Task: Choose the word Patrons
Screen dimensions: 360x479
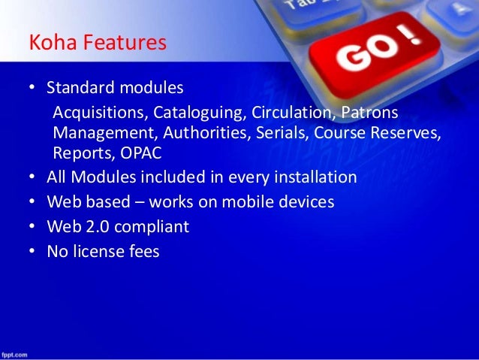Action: tap(369, 113)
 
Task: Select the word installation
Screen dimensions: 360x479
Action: tap(315, 178)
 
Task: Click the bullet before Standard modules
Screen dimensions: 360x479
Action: tap(33, 89)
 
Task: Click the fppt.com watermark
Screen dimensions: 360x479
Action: tap(14, 354)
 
